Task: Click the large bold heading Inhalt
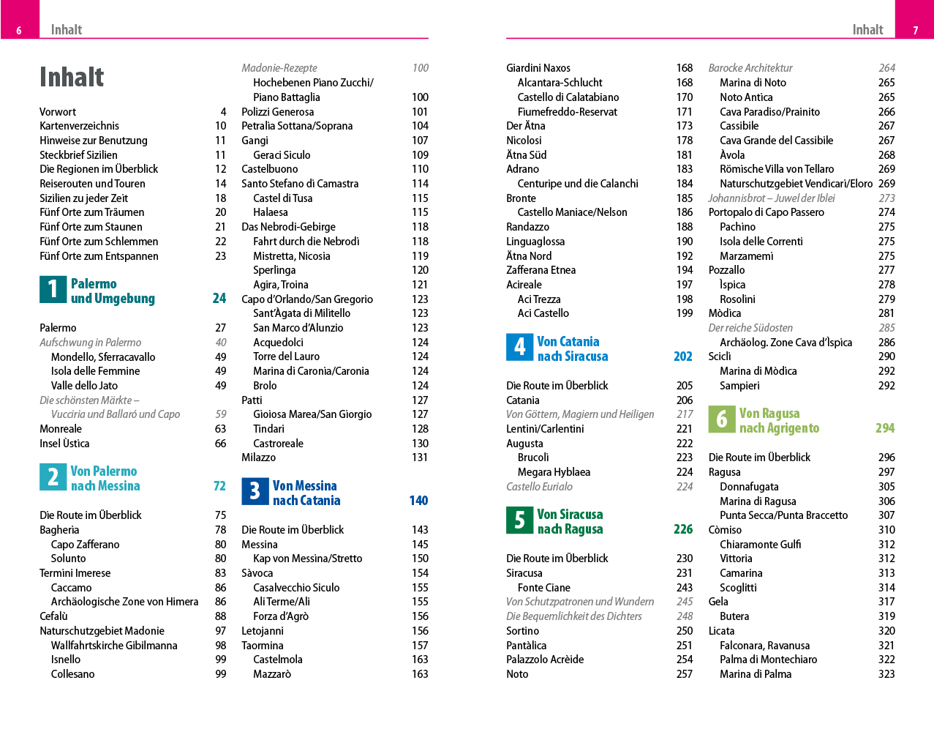[72, 77]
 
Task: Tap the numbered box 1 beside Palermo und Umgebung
[53, 290]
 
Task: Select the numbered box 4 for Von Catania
[519, 348]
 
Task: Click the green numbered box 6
[721, 419]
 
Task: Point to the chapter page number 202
[682, 356]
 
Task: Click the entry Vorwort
[58, 112]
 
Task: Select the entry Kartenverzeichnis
[79, 126]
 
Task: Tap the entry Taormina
[262, 646]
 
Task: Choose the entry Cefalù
[53, 616]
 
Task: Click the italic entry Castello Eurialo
[539, 487]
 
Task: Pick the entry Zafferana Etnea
[541, 270]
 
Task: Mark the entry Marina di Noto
[753, 83]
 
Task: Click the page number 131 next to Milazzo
[419, 457]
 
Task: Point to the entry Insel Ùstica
[64, 444]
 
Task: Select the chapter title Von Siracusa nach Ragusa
[570, 522]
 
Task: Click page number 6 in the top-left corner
[19, 30]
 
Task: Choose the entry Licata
[721, 631]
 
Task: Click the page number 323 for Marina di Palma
[886, 674]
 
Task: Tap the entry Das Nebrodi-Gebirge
[288, 227]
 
